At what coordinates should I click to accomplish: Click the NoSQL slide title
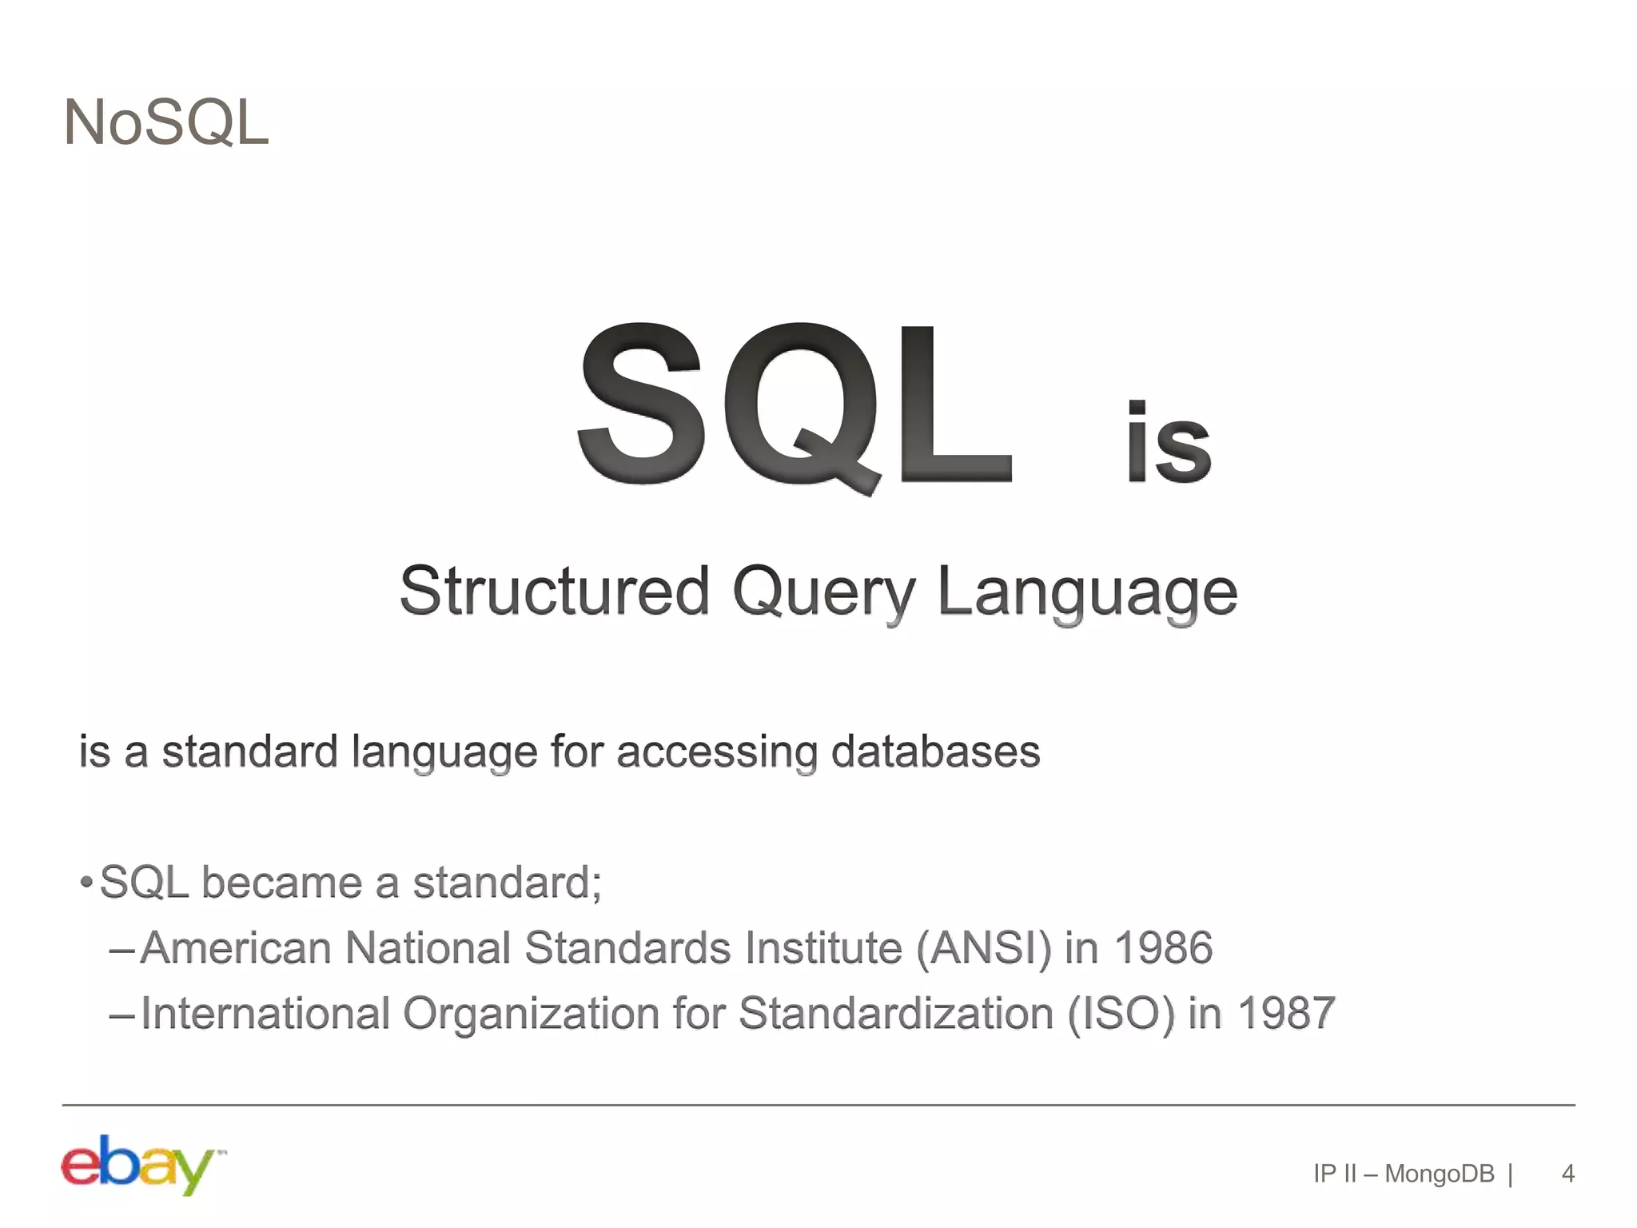[x=166, y=123]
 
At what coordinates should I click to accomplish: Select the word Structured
[x=554, y=592]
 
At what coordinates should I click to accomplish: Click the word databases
[x=935, y=752]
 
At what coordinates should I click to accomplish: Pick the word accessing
[x=716, y=753]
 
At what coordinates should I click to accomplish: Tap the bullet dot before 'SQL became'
[x=86, y=883]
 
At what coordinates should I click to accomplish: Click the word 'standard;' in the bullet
[x=507, y=883]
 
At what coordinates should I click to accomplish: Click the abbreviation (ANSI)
[x=984, y=949]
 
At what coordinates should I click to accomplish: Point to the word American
[x=236, y=949]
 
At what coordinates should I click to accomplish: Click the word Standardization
[x=896, y=1014]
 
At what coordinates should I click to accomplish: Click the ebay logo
[x=141, y=1165]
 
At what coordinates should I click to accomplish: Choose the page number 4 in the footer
[x=1567, y=1174]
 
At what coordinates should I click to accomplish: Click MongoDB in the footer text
[x=1439, y=1174]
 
